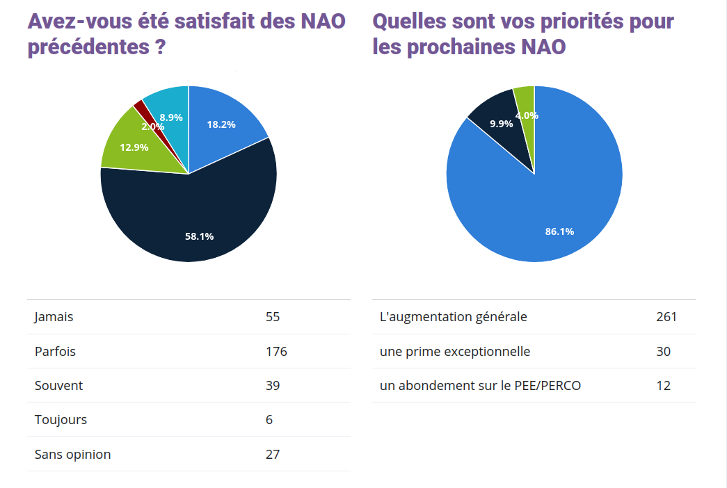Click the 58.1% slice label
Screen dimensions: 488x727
pos(199,236)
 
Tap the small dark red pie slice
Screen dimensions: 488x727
pos(139,108)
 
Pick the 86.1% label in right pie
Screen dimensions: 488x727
pos(559,231)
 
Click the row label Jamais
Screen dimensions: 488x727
pos(54,317)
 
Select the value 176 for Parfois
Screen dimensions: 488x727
pos(276,351)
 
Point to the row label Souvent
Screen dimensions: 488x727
pos(58,385)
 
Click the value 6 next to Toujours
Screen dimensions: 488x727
pos(269,420)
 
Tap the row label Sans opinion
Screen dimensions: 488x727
pos(72,455)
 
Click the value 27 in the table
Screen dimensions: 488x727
pos(273,455)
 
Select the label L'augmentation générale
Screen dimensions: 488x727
pos(453,317)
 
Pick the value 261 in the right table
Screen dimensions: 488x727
pos(666,317)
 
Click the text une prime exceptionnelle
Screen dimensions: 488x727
pos(454,351)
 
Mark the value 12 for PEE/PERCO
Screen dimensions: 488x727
pos(663,385)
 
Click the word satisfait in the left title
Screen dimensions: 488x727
pos(216,21)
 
